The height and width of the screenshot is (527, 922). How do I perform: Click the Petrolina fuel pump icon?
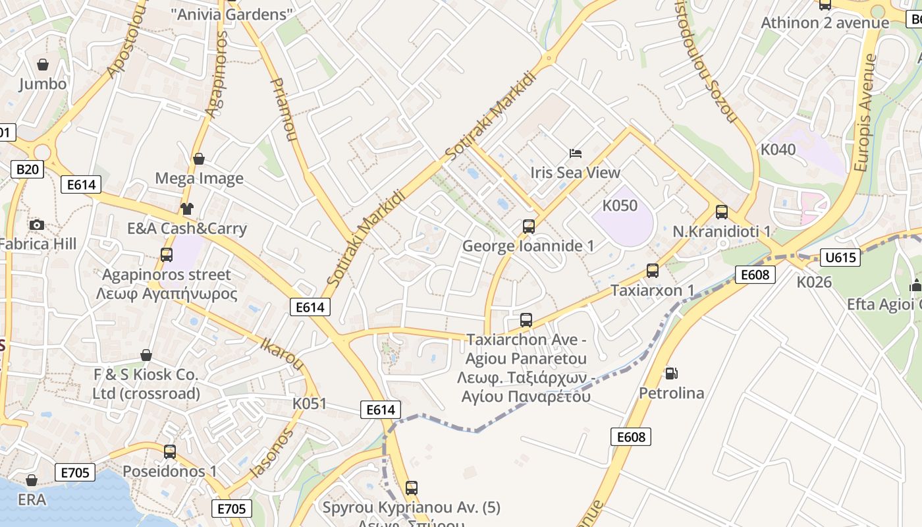pyautogui.click(x=671, y=374)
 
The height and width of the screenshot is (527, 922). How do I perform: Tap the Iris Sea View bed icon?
pyautogui.click(x=576, y=153)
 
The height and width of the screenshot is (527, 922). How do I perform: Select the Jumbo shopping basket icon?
pyautogui.click(x=43, y=65)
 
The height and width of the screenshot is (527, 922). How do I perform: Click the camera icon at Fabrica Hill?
pyautogui.click(x=37, y=225)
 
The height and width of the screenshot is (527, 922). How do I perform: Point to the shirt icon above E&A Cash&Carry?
pyautogui.click(x=187, y=209)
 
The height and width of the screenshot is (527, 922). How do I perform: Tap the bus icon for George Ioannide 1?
pyautogui.click(x=528, y=227)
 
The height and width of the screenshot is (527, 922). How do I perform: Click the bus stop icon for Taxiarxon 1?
pyautogui.click(x=652, y=271)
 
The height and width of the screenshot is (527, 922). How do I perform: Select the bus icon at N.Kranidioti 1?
pyautogui.click(x=722, y=212)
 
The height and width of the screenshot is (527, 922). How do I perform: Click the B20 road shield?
pyautogui.click(x=27, y=169)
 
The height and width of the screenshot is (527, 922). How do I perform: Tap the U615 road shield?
pyautogui.click(x=840, y=257)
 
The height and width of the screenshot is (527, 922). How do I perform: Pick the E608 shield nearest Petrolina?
pyautogui.click(x=631, y=436)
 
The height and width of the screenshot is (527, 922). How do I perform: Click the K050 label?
pyautogui.click(x=620, y=206)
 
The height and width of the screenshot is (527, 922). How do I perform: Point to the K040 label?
pyautogui.click(x=778, y=150)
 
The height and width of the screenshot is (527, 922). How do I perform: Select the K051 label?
pyautogui.click(x=310, y=403)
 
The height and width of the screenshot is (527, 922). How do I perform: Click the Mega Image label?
pyautogui.click(x=199, y=179)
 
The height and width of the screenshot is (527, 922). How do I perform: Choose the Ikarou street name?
pyautogui.click(x=283, y=354)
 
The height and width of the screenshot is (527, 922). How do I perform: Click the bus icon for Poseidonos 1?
pyautogui.click(x=170, y=452)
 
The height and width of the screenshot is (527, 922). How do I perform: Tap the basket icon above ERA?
pyautogui.click(x=32, y=480)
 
